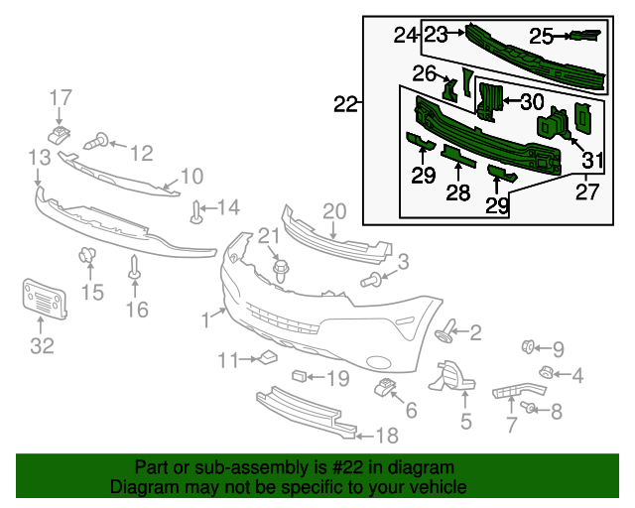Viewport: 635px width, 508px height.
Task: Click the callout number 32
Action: tap(42, 345)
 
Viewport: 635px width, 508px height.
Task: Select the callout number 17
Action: tap(61, 97)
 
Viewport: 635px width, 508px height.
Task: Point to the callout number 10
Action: tap(190, 177)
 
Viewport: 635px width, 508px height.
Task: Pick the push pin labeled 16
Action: tap(134, 267)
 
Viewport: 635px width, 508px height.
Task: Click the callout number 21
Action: tap(269, 235)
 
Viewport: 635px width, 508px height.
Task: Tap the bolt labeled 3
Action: tap(374, 280)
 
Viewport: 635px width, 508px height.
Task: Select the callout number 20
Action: tap(333, 210)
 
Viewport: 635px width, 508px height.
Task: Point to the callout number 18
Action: tap(385, 436)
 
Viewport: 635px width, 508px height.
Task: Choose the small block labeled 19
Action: tap(299, 376)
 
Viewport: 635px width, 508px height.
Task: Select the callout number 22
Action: tap(344, 103)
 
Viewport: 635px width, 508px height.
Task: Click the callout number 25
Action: tap(541, 37)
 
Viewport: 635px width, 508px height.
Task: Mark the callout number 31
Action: tap(592, 160)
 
